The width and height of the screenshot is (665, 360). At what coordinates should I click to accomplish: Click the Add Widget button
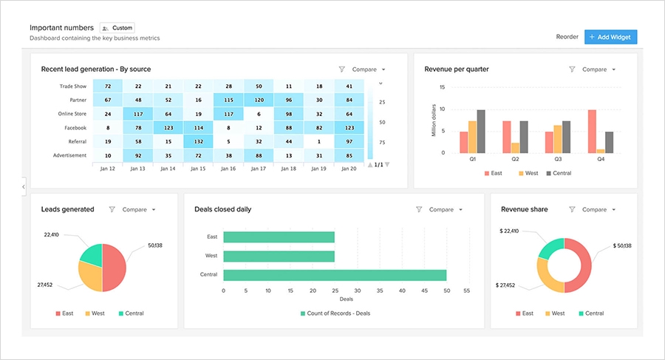pyautogui.click(x=610, y=37)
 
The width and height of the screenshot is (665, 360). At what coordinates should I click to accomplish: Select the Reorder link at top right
pyautogui.click(x=567, y=37)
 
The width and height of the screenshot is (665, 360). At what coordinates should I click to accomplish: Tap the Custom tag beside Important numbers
pyautogui.click(x=117, y=28)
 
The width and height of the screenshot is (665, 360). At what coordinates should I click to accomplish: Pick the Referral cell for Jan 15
pyautogui.click(x=198, y=141)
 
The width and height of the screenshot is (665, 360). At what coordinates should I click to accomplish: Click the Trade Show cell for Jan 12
pyautogui.click(x=108, y=86)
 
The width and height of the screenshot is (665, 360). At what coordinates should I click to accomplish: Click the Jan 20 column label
pyautogui.click(x=349, y=169)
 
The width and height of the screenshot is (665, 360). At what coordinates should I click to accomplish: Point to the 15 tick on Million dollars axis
pyautogui.click(x=442, y=87)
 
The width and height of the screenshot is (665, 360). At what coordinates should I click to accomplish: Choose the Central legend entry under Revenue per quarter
pyautogui.click(x=558, y=174)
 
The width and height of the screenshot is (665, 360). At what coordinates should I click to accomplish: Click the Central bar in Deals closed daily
pyautogui.click(x=334, y=275)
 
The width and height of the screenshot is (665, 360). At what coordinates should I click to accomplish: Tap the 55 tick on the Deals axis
pyautogui.click(x=466, y=291)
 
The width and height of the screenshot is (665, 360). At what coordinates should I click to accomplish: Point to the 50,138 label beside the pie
pyautogui.click(x=155, y=245)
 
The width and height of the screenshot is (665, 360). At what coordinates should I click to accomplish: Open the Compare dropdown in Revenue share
pyautogui.click(x=598, y=209)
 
